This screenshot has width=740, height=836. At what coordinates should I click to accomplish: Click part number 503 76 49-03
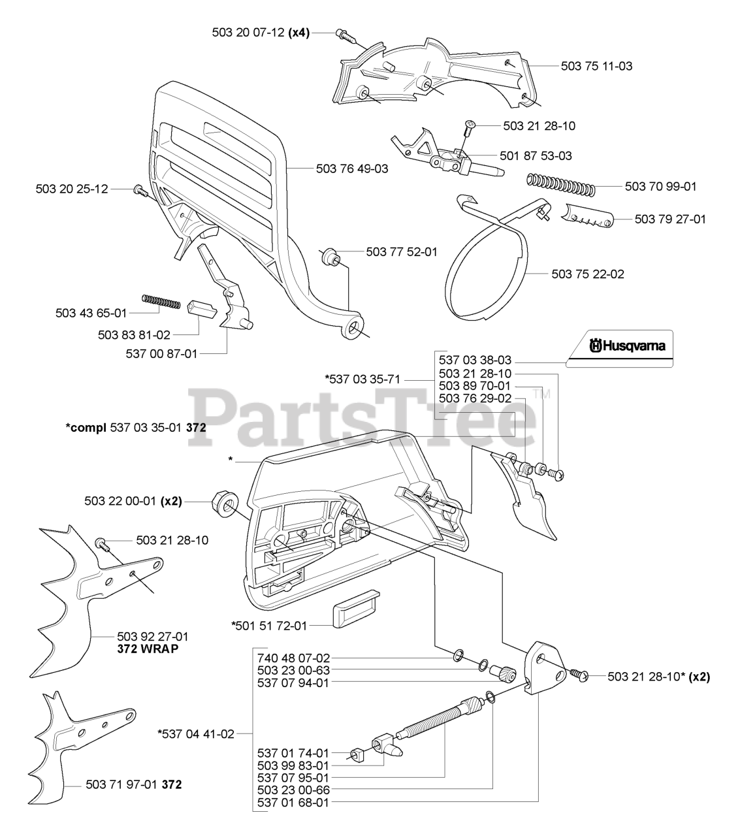[x=351, y=169]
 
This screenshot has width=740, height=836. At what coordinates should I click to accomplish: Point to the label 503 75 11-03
[x=596, y=66]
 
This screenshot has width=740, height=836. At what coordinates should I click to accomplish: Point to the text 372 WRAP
[x=148, y=649]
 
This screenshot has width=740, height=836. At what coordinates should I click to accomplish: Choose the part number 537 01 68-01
[x=293, y=802]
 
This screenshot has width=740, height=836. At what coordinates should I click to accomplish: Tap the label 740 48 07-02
[x=293, y=658]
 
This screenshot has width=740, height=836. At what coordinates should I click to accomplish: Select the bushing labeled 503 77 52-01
[x=331, y=255]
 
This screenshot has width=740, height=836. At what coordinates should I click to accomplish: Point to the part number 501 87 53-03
[x=536, y=155]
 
